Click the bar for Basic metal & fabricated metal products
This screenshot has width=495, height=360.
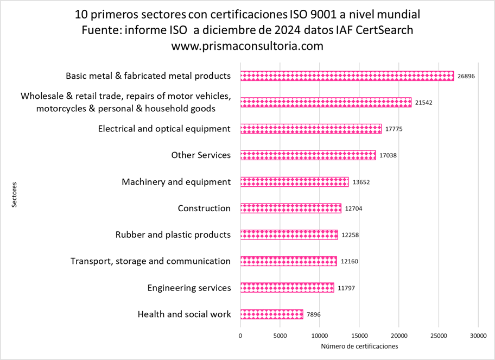[347, 76]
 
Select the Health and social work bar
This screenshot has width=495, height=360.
[271, 314]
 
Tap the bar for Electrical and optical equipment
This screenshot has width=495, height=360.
[310, 129]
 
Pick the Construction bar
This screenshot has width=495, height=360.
[290, 209]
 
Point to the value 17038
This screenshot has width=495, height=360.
[388, 155]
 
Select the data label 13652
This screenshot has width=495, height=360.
[361, 182]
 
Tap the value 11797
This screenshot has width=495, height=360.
[347, 288]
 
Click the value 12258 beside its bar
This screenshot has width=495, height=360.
[350, 235]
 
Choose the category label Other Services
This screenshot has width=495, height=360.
[201, 155]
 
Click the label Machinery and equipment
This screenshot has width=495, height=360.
[176, 182]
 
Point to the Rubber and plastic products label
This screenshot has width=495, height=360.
[173, 235]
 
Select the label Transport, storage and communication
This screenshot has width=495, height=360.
[150, 261]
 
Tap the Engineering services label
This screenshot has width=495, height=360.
[189, 288]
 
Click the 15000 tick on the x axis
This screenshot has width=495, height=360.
[359, 336]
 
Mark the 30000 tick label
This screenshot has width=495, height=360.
[478, 336]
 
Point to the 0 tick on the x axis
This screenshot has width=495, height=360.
[240, 336]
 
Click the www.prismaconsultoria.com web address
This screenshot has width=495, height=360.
[247, 46]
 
